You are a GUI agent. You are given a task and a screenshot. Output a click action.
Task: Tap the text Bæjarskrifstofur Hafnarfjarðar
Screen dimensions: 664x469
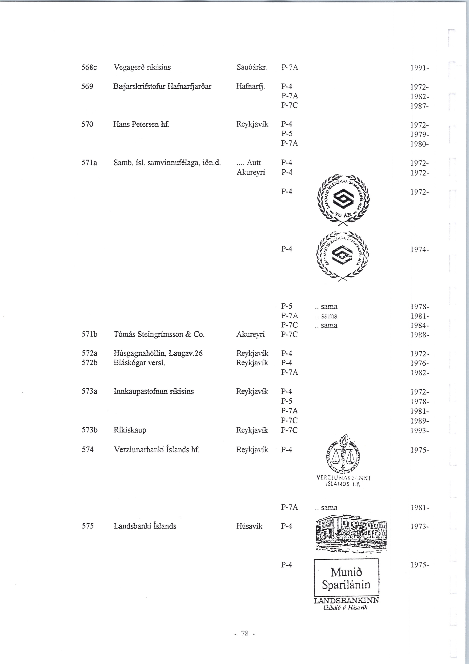coord(162,87)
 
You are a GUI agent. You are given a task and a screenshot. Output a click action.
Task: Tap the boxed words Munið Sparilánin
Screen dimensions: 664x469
coord(346,578)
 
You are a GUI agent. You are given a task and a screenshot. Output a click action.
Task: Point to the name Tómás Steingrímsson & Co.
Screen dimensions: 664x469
coord(159,335)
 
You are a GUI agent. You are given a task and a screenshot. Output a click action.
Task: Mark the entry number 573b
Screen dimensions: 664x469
coord(89,430)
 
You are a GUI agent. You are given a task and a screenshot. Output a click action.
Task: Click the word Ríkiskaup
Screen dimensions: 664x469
coord(130,430)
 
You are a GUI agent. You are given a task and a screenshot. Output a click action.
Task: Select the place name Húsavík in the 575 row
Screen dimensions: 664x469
coord(249,526)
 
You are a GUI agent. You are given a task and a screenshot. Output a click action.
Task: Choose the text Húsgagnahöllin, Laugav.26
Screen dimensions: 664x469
coord(158,353)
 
